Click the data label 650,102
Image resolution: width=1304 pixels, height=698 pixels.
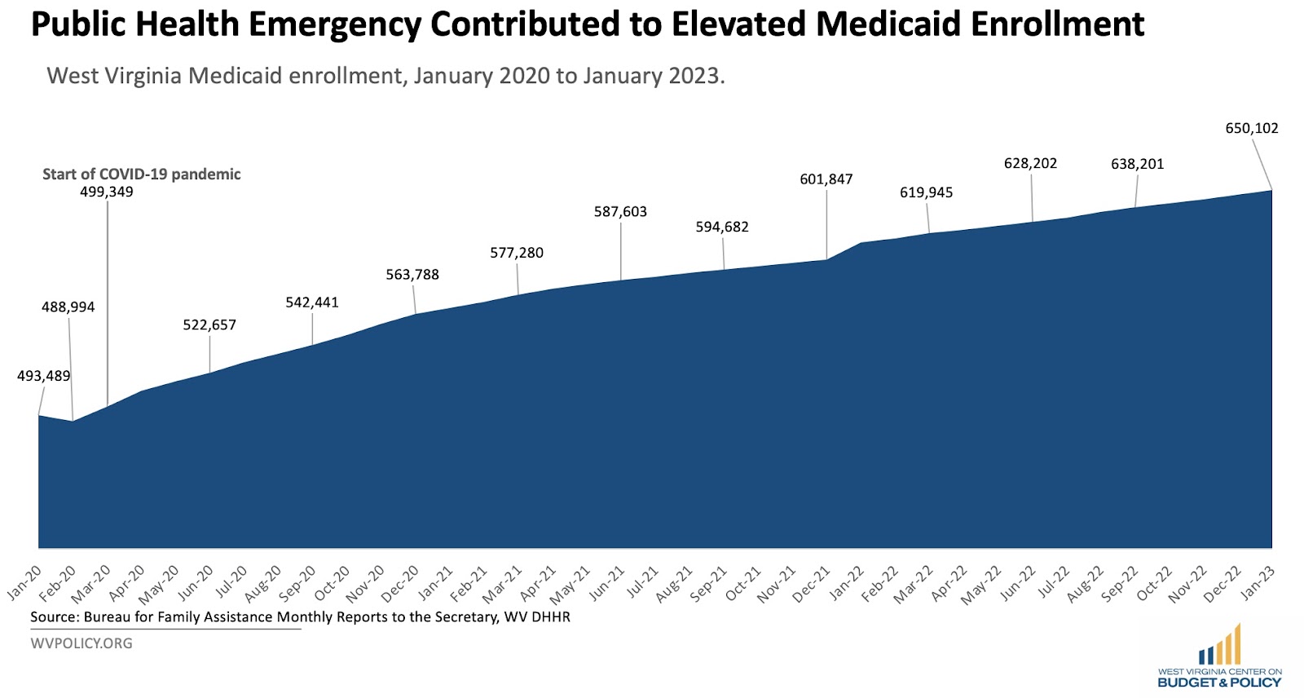point(1252,128)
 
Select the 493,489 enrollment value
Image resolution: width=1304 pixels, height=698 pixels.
point(43,376)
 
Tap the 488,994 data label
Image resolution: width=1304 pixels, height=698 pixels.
point(68,307)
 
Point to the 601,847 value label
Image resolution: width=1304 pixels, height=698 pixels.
point(826,179)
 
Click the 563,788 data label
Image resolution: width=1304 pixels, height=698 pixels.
point(412,275)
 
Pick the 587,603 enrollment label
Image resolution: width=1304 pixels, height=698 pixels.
point(620,212)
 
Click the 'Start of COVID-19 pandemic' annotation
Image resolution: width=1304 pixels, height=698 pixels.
point(141,174)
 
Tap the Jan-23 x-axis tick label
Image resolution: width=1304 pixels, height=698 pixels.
point(1258,583)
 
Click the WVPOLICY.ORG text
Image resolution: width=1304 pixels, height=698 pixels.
point(81,643)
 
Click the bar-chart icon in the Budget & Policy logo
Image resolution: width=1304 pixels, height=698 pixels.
point(1220,646)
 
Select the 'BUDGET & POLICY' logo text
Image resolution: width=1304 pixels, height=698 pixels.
point(1219,683)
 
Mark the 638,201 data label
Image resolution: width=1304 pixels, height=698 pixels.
point(1137,164)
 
